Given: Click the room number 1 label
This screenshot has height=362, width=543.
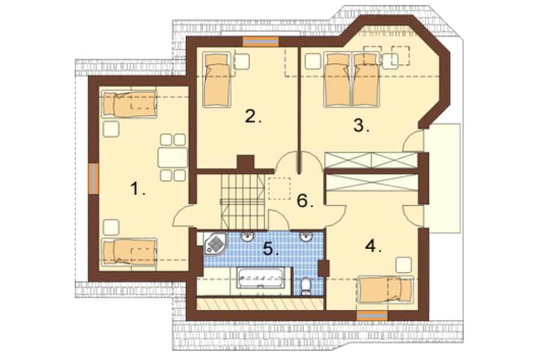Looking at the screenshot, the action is pos(137,189).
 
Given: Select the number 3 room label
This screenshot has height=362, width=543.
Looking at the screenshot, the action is pos(361,125).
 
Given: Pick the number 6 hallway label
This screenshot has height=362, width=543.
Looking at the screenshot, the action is pos(305,201).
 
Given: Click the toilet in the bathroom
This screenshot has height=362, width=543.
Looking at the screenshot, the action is pos(305,286).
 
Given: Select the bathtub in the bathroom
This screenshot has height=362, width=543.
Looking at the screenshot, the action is pos(261,277).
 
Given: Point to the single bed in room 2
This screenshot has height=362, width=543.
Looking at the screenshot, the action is pos(217,79).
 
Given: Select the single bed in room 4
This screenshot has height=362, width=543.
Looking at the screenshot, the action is pos(386,289).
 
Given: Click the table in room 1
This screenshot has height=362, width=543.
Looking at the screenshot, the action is pos(173,158).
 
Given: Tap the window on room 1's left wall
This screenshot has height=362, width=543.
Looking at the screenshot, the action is pos(93,178).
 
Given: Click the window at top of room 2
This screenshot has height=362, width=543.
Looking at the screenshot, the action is pos(261,41).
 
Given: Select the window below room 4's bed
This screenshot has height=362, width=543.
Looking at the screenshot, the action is pos(372,316).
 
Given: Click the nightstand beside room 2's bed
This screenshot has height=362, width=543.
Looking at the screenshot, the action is pos(242,61).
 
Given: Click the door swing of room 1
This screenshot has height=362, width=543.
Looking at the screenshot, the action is pos(182,216).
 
